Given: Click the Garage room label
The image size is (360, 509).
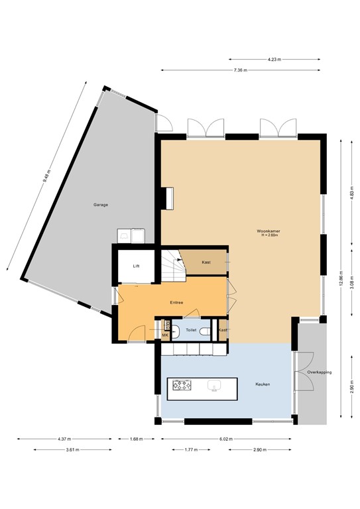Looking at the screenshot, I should [100, 205].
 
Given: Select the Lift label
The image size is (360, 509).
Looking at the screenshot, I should [136, 266].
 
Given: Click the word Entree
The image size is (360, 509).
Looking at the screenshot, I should [176, 303].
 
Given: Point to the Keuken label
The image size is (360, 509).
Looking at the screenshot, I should [263, 384].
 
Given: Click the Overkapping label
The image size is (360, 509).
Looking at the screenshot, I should [318, 372].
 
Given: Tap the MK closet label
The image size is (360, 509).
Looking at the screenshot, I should [165, 335].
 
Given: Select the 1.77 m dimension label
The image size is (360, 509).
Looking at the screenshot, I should [190, 450].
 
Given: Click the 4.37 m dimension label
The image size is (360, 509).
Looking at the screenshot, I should [64, 439].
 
